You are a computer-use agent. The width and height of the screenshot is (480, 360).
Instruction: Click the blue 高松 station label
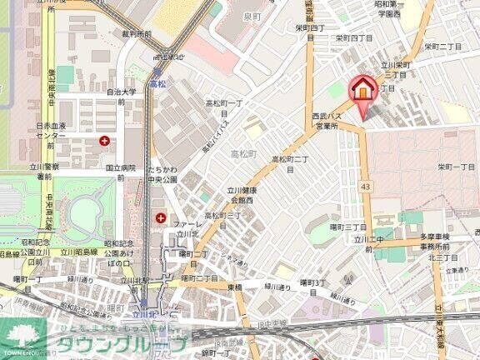click(158, 84)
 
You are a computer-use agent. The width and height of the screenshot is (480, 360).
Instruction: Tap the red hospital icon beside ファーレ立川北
click(160, 218)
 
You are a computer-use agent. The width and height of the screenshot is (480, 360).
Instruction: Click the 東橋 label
click(234, 287)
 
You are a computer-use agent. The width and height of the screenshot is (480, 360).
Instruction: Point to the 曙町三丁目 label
click(349, 226)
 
